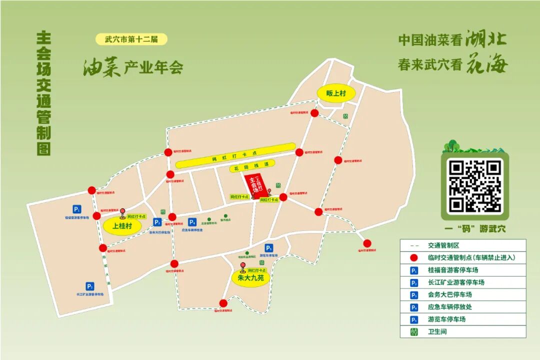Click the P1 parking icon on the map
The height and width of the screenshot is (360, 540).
coord(77,209)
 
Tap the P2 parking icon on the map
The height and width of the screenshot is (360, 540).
coord(90,286)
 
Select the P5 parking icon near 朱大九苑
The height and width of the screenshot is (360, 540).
coord(269,248)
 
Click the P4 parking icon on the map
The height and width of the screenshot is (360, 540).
coord(192,222)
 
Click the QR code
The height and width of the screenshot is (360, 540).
coord(474,186)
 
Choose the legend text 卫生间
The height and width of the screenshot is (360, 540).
coord(437,331)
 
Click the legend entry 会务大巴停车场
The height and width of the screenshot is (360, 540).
coord(449,294)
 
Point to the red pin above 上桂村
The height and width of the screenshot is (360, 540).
coord(122,211)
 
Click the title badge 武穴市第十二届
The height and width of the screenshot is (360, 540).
coord(131,39)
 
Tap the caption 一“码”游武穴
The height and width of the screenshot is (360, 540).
coord(474,228)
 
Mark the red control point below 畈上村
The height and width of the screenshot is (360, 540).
coord(314,113)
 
